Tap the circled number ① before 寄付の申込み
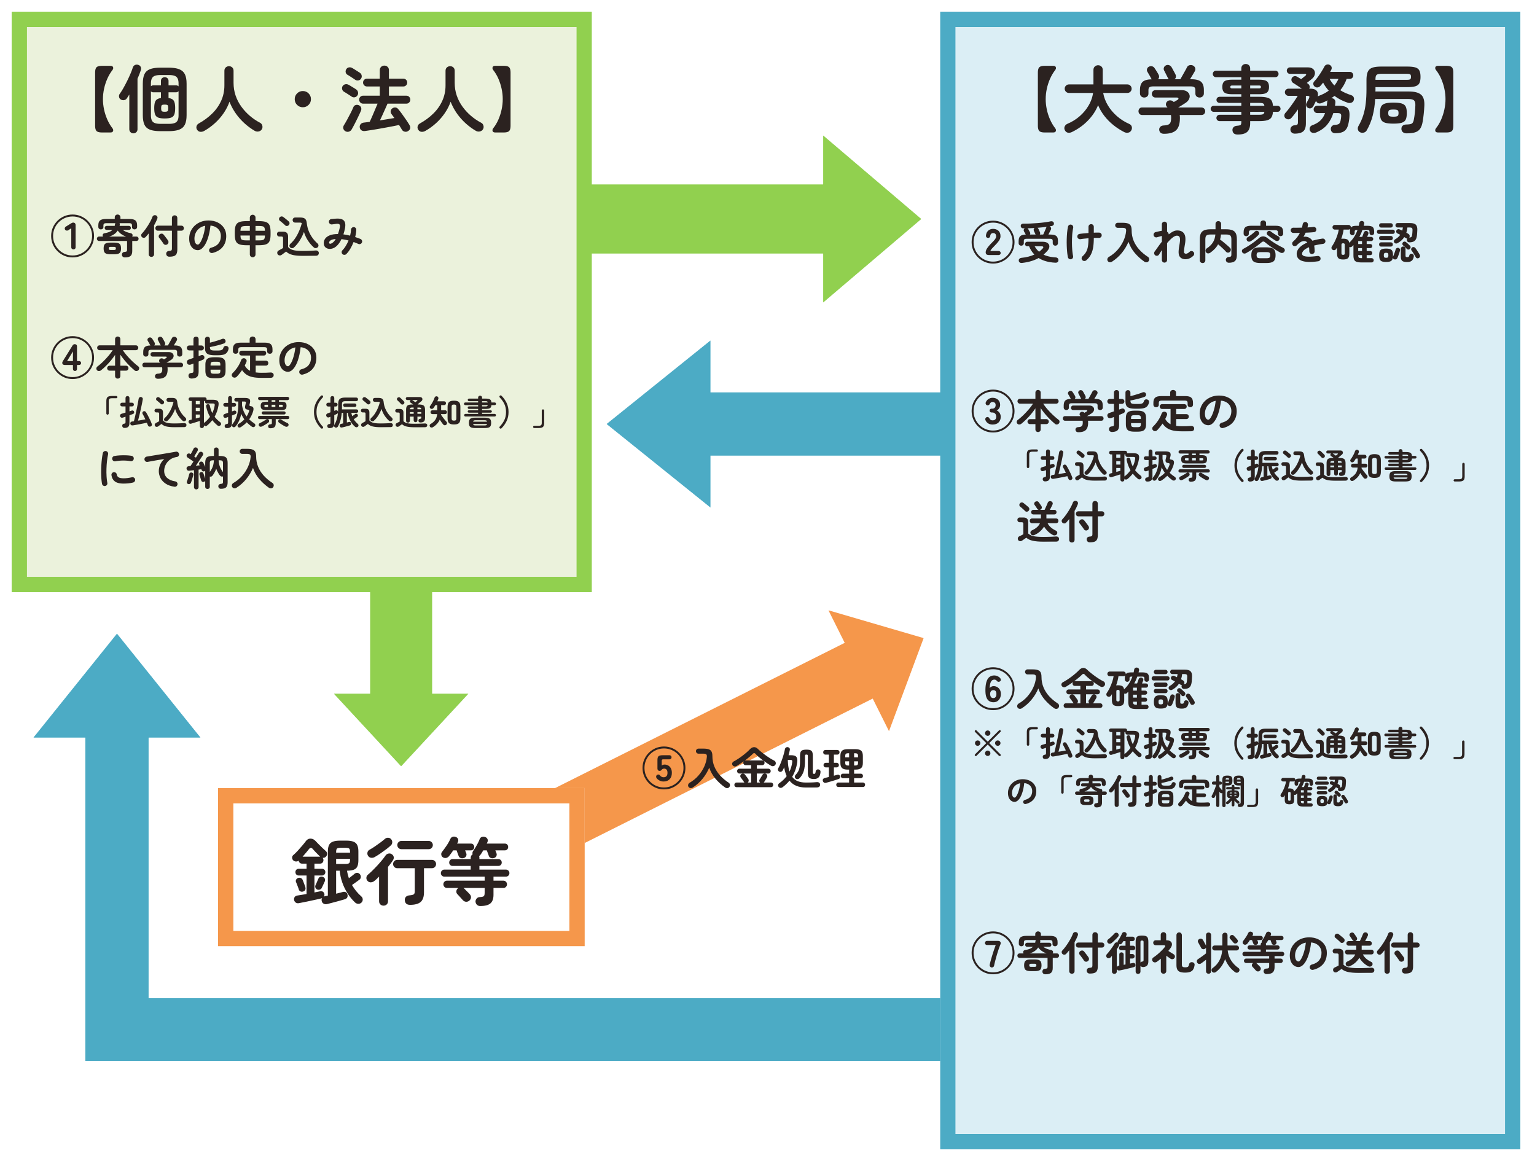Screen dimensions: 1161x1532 (72, 237)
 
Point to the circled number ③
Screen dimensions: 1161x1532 (993, 412)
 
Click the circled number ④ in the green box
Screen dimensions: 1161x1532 (72, 358)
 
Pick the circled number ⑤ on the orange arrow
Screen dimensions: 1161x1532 (663, 769)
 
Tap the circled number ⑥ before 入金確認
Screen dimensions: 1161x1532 (993, 689)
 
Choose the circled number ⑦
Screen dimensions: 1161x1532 (993, 953)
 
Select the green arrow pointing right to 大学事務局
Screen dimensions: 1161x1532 (755, 219)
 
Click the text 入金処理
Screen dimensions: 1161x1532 (778, 769)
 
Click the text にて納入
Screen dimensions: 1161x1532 (187, 469)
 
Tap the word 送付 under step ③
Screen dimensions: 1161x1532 (1060, 522)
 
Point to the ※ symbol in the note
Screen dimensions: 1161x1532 (988, 745)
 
